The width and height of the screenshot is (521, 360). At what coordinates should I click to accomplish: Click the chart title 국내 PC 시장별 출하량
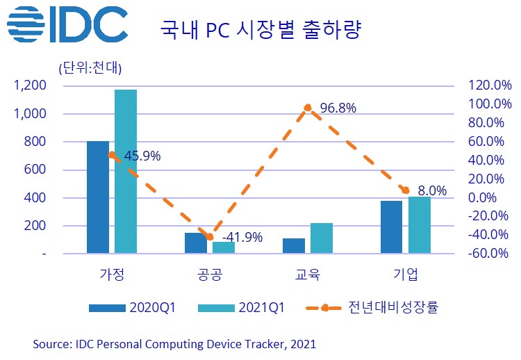tap(262, 31)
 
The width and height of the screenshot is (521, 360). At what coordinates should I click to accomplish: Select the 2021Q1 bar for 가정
tap(126, 171)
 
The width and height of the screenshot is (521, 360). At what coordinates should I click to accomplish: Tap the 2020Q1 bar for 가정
tap(98, 197)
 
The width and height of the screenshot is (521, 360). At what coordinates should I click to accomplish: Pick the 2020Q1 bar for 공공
tap(196, 243)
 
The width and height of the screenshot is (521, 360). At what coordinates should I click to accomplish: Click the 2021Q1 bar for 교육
tap(322, 238)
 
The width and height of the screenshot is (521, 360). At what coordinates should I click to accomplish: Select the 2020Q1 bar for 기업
tap(392, 227)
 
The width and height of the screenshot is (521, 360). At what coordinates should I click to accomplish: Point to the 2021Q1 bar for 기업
tap(420, 225)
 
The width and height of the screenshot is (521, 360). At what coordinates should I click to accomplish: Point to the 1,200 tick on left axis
tap(30, 85)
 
